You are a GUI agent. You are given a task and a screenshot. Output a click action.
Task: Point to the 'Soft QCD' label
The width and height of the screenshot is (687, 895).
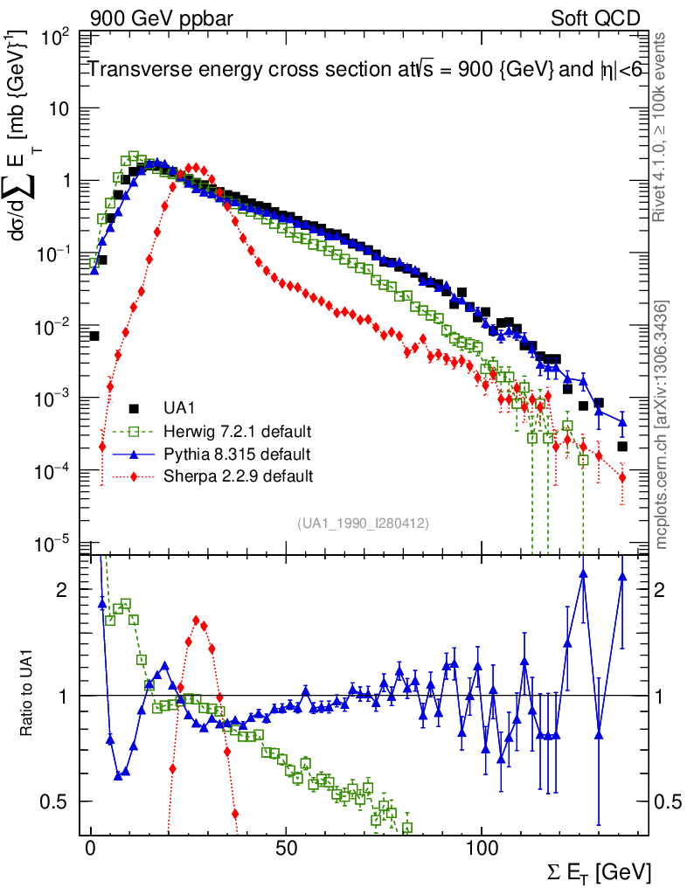[x=595, y=17]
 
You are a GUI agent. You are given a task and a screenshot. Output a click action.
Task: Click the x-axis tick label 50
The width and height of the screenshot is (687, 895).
[x=286, y=850]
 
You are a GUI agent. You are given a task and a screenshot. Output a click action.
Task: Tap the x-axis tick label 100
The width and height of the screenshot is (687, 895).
[x=482, y=850]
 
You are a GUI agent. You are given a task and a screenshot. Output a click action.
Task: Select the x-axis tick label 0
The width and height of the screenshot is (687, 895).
[x=91, y=850]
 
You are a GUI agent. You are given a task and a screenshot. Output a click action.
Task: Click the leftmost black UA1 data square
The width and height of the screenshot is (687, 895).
[x=94, y=336]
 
